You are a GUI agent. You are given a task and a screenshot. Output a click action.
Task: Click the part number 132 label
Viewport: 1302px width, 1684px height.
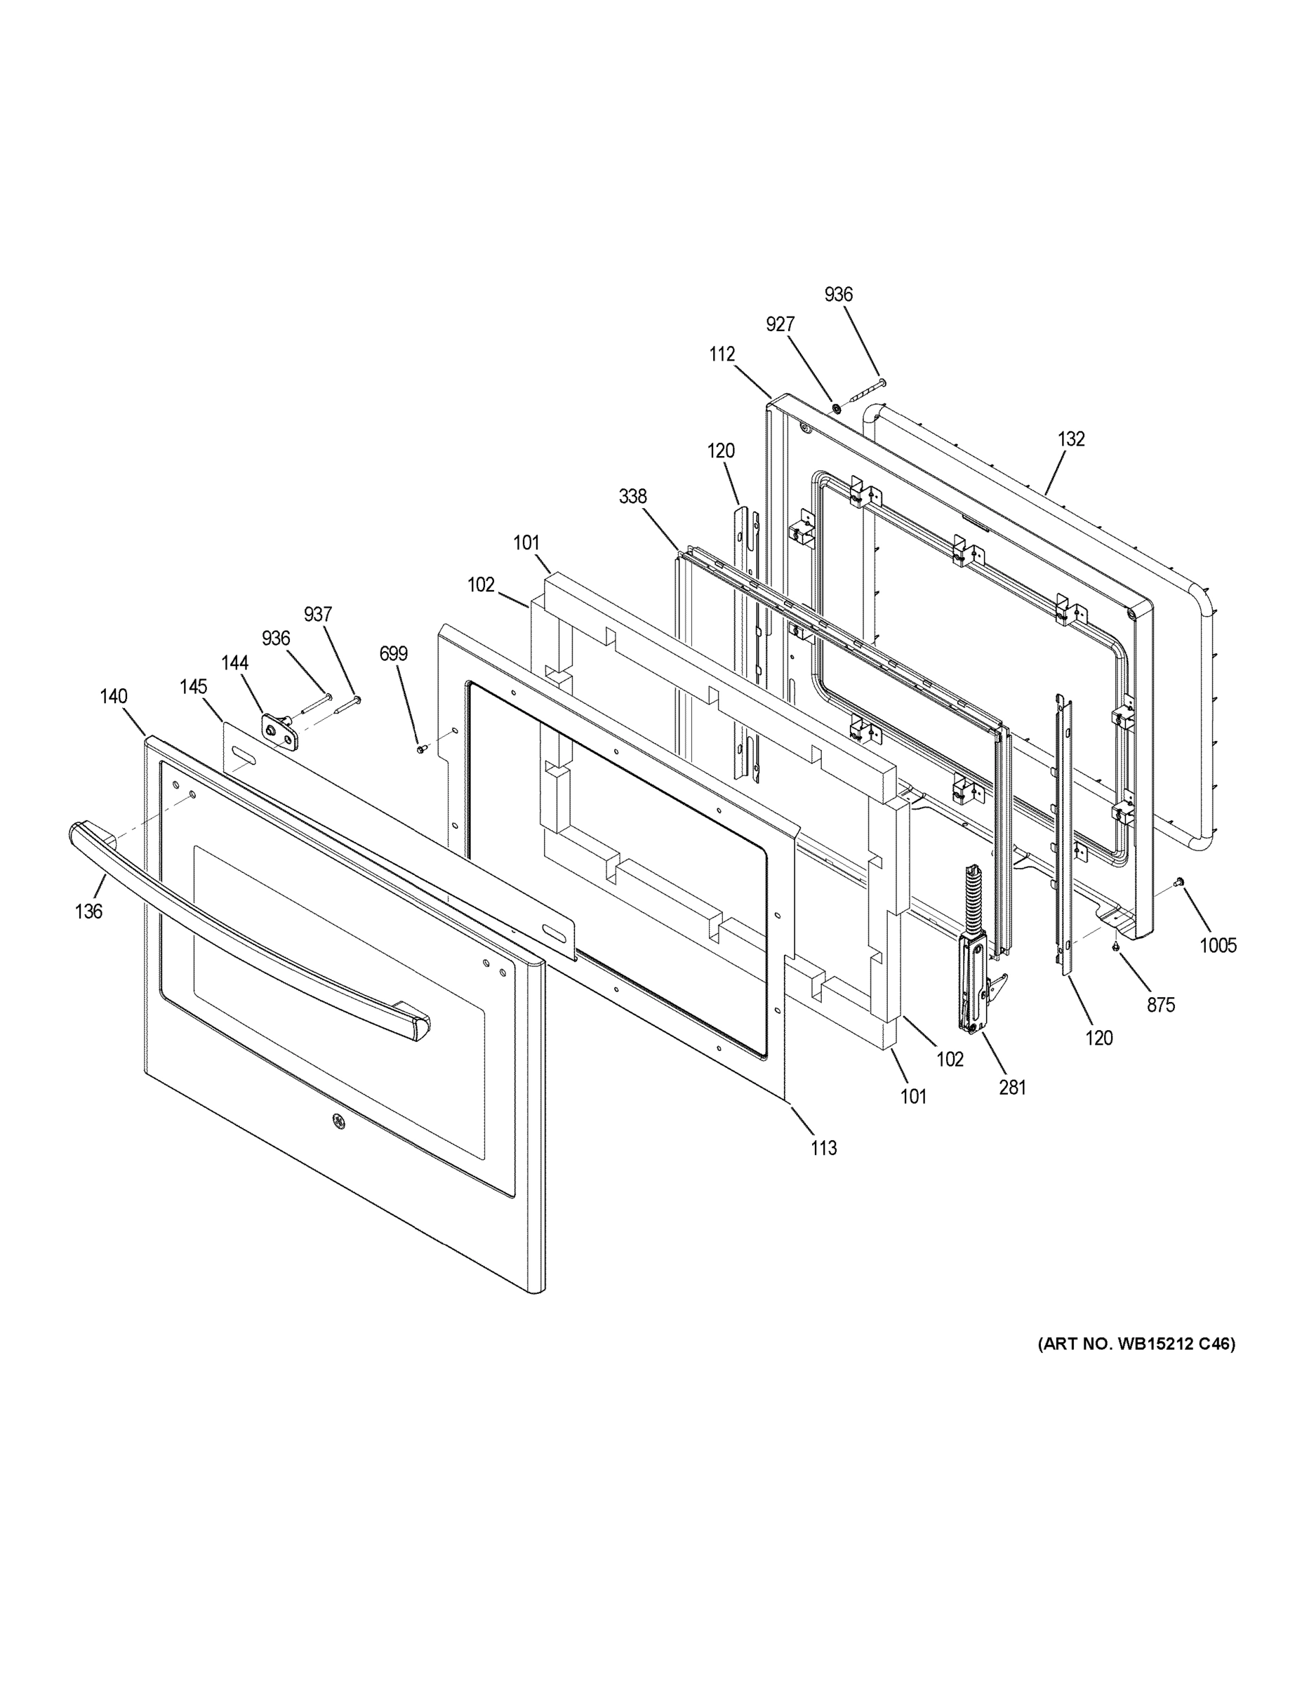coord(1071,439)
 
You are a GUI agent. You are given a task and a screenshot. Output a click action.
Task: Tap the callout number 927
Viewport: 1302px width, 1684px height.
coord(780,325)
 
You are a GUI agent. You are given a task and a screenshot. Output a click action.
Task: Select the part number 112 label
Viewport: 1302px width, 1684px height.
coord(722,354)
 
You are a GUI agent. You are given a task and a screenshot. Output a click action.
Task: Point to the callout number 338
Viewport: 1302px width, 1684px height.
coord(632,497)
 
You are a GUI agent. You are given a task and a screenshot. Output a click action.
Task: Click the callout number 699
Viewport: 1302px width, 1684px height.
coord(393,654)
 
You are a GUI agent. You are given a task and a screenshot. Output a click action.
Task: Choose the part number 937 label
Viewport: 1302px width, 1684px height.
coord(318,615)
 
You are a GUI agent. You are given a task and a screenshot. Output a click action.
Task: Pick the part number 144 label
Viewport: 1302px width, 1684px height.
coord(234,662)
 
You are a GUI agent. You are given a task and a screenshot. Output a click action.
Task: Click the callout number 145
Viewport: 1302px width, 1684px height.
coord(194,686)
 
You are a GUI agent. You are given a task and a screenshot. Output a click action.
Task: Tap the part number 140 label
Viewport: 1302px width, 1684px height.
coord(114,696)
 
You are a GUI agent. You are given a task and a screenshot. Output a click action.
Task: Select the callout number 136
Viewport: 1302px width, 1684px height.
coord(88,911)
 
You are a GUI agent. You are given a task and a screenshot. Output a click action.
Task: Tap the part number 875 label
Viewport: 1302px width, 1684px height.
coord(1160,1005)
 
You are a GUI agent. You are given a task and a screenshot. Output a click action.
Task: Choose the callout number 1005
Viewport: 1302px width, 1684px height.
coord(1218,944)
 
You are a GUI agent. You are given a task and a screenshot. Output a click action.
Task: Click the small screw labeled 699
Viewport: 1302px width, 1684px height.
coord(420,748)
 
